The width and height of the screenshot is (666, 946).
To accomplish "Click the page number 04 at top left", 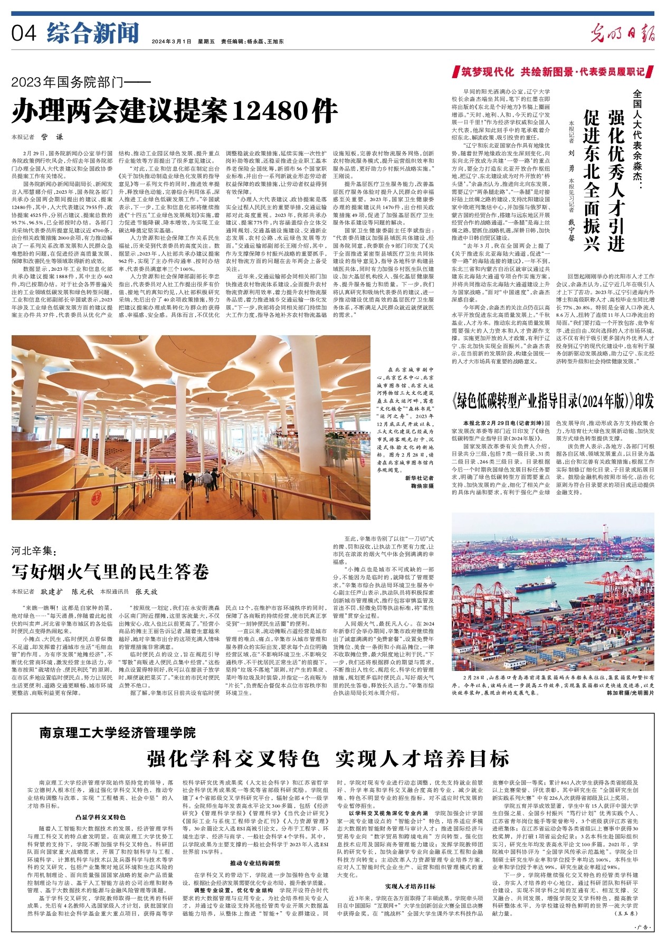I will coord(24,34).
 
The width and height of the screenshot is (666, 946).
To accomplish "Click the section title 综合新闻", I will coord(92,33).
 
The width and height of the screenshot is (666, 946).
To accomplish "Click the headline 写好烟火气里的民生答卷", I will coord(110,571).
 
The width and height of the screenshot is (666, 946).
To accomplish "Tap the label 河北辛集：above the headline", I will coord(33,552).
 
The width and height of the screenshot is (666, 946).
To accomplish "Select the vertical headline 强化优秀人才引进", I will coord(616,174).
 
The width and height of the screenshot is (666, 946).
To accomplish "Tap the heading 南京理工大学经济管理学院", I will coord(117,732).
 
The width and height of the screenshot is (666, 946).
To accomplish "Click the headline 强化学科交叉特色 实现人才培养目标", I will coord(328,758).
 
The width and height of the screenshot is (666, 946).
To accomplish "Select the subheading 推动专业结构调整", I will coord(255,863).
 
